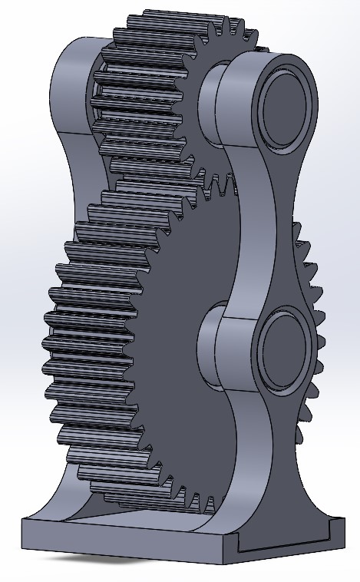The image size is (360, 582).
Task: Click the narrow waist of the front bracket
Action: point(259,230)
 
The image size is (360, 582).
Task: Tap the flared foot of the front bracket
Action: point(284,491)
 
